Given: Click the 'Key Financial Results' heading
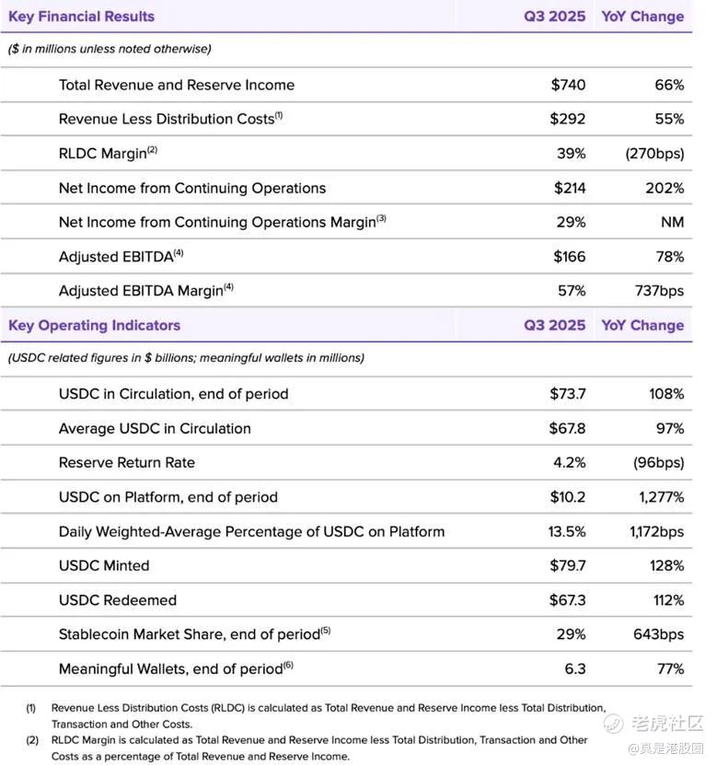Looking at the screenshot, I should point(81,17).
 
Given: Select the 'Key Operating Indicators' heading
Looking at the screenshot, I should point(94,325).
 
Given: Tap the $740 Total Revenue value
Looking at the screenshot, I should point(568,85).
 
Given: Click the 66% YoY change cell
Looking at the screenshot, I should point(668,85).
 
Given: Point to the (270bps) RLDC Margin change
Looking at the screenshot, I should point(653,154).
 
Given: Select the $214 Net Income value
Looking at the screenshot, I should point(570,188).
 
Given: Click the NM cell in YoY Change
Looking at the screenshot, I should point(672,222).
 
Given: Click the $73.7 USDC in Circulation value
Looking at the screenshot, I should point(567,394).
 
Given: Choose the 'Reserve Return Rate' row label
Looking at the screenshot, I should point(127,462).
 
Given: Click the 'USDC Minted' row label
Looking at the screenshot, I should point(104,565).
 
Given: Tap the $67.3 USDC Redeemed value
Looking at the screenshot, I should point(567,600).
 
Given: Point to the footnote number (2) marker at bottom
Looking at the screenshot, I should point(30,740).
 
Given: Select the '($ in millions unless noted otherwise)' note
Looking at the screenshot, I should point(110,49).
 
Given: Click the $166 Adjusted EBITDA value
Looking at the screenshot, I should point(569,257).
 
